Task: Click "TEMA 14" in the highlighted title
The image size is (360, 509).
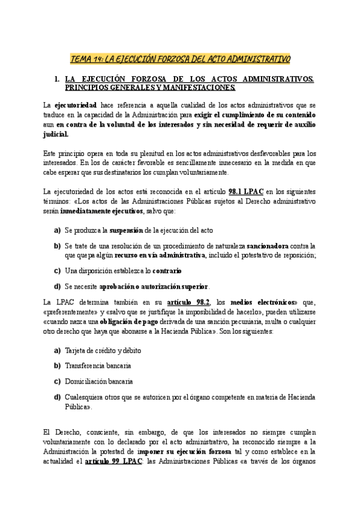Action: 86,59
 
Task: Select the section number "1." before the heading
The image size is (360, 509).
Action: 56,79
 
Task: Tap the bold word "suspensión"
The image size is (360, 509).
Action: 125,231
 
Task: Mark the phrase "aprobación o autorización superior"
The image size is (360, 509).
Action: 154,286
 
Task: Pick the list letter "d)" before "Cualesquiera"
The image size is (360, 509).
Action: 57,396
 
